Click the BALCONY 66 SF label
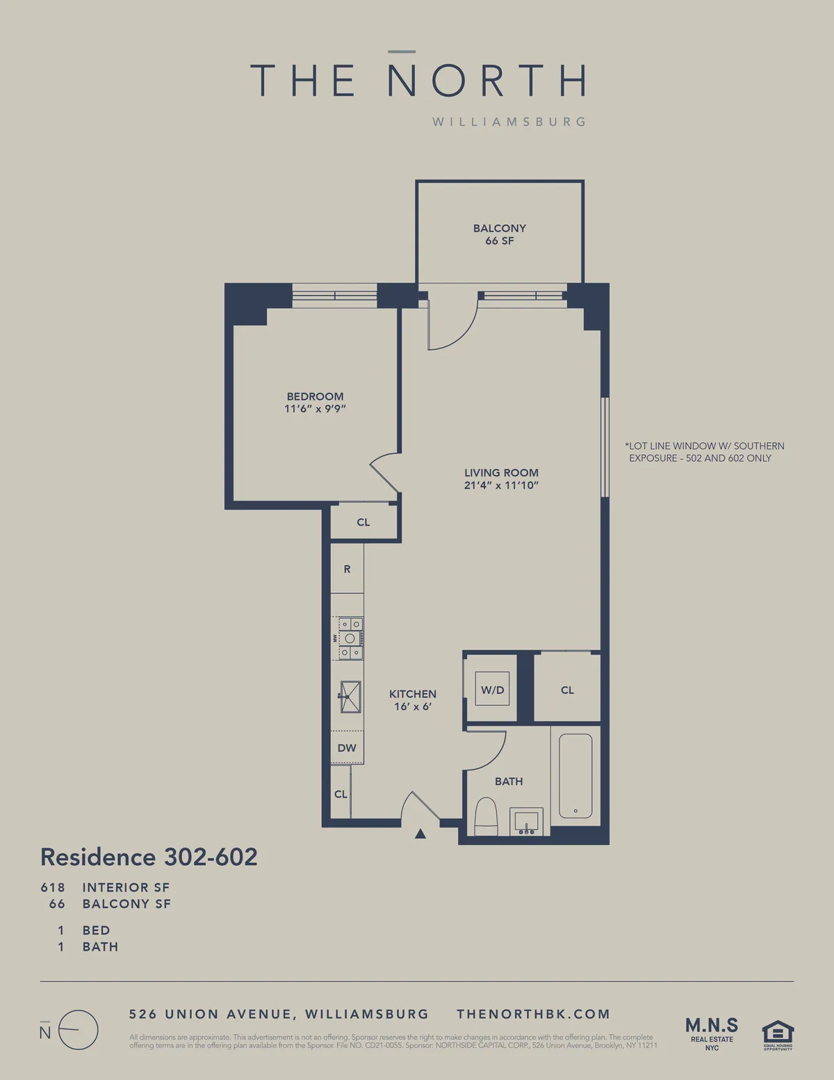[x=499, y=234]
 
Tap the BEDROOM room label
[x=315, y=396]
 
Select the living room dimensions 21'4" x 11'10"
[x=501, y=485]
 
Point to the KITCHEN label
[x=413, y=694]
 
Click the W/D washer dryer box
[x=492, y=689]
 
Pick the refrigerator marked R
[x=347, y=569]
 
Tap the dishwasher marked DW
[x=347, y=748]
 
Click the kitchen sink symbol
[x=350, y=696]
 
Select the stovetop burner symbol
[x=350, y=638]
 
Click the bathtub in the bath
[x=575, y=775]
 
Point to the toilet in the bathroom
[x=486, y=816]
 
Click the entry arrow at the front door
[x=420, y=833]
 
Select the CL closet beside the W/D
[x=567, y=690]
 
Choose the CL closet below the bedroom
[x=363, y=522]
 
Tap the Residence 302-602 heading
[x=149, y=857]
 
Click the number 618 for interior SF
[x=53, y=887]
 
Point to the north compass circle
[x=78, y=1029]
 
